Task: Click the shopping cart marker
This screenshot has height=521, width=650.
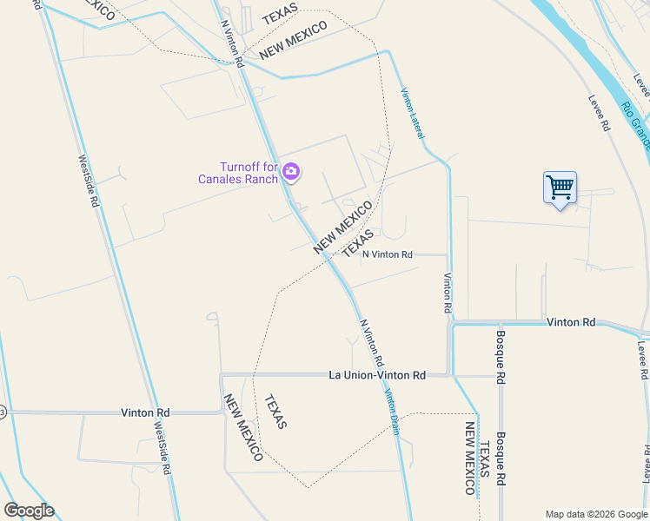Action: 560,187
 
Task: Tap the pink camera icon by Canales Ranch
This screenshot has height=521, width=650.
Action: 291,172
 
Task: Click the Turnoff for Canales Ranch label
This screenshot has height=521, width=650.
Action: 236,173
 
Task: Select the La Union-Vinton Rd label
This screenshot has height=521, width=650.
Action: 377,375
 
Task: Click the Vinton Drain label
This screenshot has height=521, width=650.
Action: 392,412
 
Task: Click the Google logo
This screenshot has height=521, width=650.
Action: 29,511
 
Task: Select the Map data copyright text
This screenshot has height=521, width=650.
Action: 596,514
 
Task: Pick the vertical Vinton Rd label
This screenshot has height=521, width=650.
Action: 448,293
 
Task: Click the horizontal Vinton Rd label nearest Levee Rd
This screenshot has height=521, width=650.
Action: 571,322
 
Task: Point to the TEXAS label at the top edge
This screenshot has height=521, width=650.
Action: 279,15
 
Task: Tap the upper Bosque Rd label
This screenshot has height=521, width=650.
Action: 501,358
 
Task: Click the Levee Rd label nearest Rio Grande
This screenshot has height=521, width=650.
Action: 599,113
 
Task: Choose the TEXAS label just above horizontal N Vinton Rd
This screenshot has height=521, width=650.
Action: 358,243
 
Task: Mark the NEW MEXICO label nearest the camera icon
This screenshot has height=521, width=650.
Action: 342,228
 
